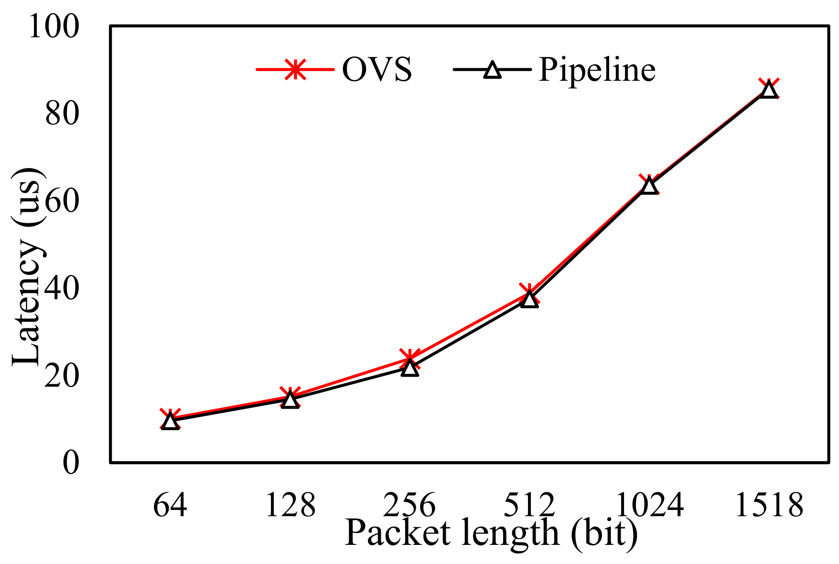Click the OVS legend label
[376, 70]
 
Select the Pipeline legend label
[597, 70]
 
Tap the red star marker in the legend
[295, 70]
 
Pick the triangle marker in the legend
[492, 70]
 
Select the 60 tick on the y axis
[61, 201]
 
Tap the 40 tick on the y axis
[61, 289]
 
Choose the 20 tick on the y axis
[61, 376]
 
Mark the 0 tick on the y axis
[70, 463]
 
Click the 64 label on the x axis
[170, 505]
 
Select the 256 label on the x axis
[409, 505]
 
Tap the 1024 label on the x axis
[649, 505]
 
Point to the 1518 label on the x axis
[769, 505]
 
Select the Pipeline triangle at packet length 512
[529, 299]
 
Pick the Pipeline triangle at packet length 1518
[769, 89]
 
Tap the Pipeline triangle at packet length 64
[170, 422]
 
